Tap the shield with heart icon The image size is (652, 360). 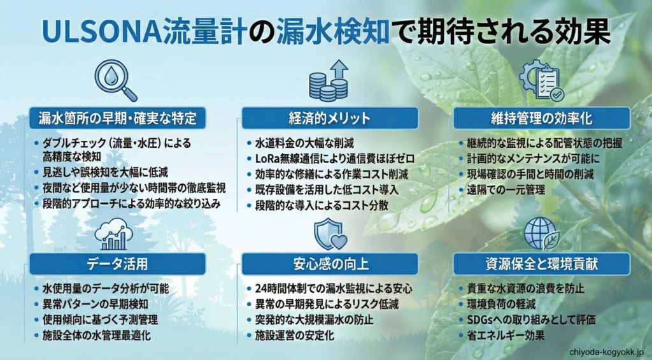click(x=330, y=234)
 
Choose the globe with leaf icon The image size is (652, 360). click(x=541, y=233)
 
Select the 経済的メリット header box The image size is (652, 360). click(x=329, y=118)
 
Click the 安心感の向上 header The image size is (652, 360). click(x=329, y=264)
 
